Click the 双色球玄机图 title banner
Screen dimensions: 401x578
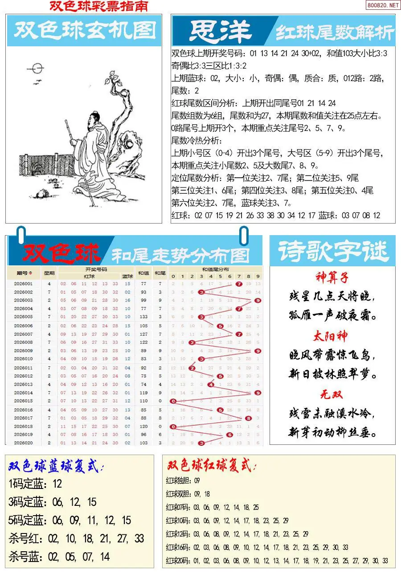[84, 30]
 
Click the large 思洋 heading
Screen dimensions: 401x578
[221, 31]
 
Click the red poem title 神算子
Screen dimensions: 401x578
[332, 277]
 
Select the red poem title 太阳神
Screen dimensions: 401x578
[332, 336]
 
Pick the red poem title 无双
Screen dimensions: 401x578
[332, 395]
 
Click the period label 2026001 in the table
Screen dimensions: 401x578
[23, 284]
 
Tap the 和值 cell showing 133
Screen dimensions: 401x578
[143, 317]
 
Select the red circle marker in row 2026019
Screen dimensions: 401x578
[229, 435]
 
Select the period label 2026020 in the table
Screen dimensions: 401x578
[23, 443]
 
